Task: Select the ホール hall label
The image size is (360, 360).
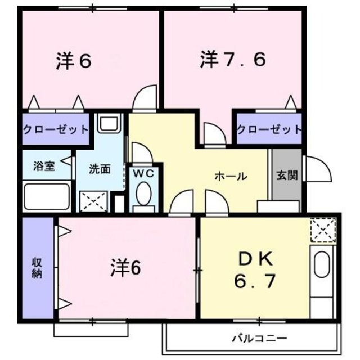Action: pyautogui.click(x=231, y=177)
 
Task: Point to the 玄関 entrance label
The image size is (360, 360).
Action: pyautogui.click(x=286, y=175)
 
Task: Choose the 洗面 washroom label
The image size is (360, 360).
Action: pyautogui.click(x=100, y=168)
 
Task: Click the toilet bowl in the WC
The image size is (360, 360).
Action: pyautogui.click(x=143, y=197)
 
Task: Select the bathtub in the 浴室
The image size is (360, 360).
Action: pyautogui.click(x=47, y=196)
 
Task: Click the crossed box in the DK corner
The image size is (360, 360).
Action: pyautogui.click(x=323, y=229)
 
